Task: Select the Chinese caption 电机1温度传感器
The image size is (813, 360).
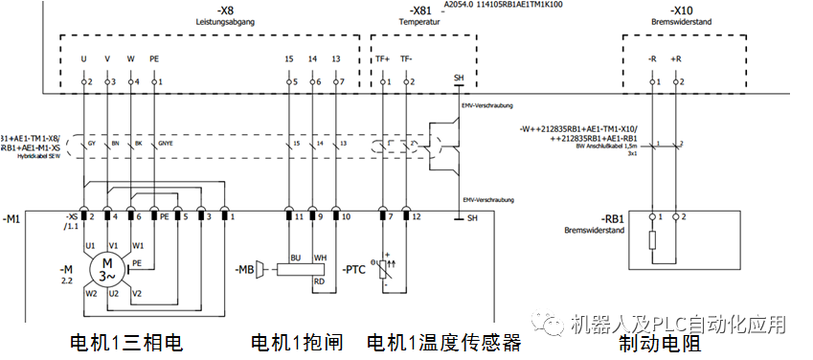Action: tap(444, 342)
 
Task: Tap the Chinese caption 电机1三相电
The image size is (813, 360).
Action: tap(125, 342)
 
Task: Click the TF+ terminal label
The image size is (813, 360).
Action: tap(381, 59)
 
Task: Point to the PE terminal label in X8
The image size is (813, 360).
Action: tap(153, 59)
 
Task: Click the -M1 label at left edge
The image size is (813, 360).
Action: tap(11, 219)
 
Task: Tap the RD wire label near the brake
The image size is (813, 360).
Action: tap(318, 281)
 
